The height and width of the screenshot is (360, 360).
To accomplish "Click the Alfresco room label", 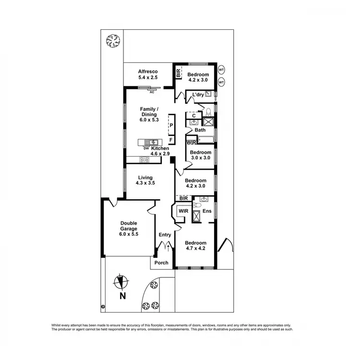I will click(148, 74).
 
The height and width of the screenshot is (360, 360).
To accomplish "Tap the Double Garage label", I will click(129, 228).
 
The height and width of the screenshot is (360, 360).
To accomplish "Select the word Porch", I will click(162, 263).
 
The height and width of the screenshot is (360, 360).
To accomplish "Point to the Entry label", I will click(165, 235).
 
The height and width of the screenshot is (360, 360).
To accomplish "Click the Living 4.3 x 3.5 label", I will click(145, 180).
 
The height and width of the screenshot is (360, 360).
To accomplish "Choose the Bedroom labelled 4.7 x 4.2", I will click(195, 246).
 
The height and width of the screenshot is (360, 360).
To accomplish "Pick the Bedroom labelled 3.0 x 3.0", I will click(201, 155).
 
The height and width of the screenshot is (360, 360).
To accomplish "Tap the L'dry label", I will click(198, 95).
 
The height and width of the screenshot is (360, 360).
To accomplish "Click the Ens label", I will click(207, 211).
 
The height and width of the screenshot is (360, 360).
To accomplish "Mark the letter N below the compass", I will click(123, 296).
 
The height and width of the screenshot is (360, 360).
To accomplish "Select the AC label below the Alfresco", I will click(152, 92).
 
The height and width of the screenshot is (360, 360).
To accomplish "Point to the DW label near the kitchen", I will click(145, 148).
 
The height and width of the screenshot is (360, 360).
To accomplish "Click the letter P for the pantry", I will click(170, 125).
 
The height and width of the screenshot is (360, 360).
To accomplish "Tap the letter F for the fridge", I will click(170, 140).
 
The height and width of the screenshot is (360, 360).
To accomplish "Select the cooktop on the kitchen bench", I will click(144, 160).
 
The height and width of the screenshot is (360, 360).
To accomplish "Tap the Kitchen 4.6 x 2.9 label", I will click(160, 151).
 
